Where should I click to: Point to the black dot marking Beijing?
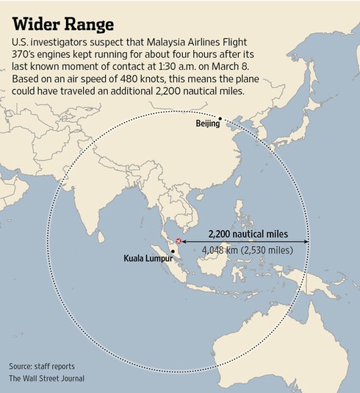220,118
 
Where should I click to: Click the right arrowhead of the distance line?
307,241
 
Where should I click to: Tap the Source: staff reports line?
42,367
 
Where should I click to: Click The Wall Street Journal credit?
47,378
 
